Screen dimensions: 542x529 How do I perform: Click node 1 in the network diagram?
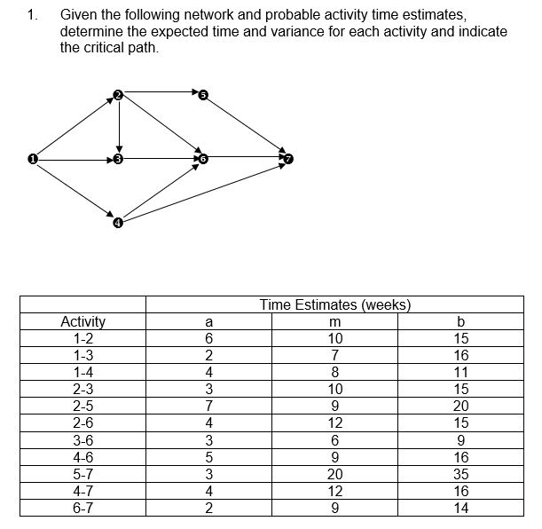(x=32, y=160)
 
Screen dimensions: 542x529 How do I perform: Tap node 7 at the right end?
(x=286, y=160)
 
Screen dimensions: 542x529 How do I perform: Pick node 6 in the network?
(x=202, y=160)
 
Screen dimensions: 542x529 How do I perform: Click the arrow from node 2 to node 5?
(x=160, y=91)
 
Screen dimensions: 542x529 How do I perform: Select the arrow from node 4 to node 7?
(x=204, y=189)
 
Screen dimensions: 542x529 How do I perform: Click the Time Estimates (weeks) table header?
(x=335, y=305)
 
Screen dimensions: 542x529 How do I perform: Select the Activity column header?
(x=82, y=321)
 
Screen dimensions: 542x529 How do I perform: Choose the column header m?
(x=335, y=321)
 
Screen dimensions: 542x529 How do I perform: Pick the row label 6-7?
(x=82, y=508)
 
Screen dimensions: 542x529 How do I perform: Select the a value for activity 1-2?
(x=208, y=338)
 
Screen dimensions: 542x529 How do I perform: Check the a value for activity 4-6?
(x=208, y=459)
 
